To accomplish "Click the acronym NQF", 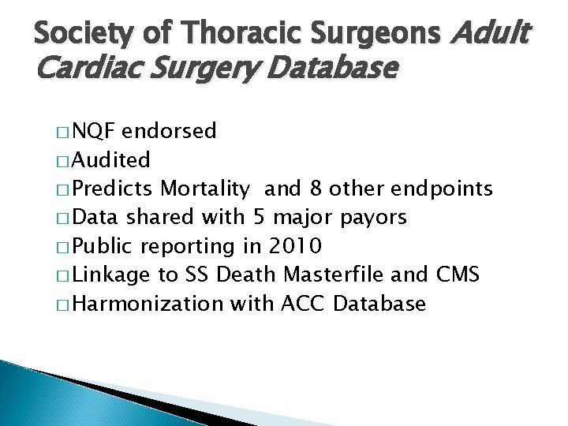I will click(101, 132).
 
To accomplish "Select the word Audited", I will click(114, 160).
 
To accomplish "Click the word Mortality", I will click(207, 189).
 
